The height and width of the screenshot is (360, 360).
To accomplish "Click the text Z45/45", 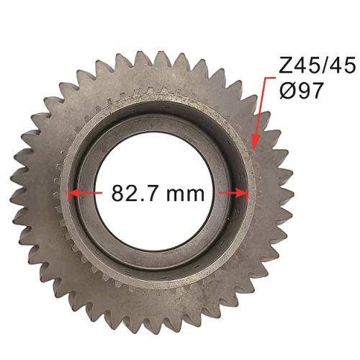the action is click(317, 65).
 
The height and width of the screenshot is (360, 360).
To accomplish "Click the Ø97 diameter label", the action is click(302, 91).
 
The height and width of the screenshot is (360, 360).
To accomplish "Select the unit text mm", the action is click(185, 195).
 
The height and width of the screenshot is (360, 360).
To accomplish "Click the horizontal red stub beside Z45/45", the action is click(269, 78).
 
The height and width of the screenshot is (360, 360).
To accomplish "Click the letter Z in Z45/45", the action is click(285, 65).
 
